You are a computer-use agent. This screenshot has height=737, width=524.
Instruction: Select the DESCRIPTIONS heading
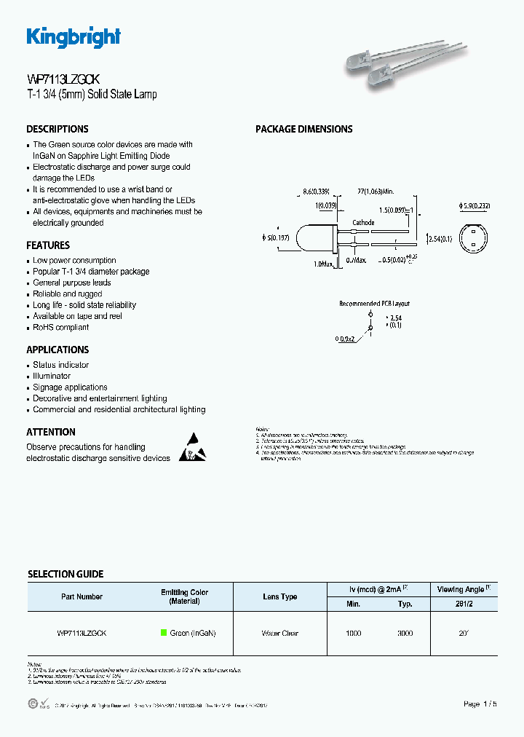[57, 129]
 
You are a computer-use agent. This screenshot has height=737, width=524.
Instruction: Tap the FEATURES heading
[48, 245]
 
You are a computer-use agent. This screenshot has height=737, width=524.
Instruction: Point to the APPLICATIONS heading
[57, 350]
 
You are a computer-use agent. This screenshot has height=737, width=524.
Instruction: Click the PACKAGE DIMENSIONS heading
[303, 129]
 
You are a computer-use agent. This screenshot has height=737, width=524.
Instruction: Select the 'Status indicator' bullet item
[61, 365]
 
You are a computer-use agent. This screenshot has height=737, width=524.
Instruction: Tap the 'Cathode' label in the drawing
[363, 223]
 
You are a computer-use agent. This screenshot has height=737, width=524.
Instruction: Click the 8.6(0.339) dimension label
[316, 192]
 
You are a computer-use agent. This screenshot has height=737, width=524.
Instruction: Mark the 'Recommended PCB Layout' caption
[374, 303]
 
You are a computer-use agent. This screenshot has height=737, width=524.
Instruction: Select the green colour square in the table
[164, 633]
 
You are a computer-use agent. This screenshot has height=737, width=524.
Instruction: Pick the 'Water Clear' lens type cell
[280, 634]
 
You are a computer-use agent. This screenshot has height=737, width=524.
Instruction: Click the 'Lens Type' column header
[280, 596]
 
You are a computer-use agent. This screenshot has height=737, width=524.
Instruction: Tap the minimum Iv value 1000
[353, 634]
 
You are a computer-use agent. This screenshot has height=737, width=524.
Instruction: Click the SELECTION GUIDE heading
[65, 574]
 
